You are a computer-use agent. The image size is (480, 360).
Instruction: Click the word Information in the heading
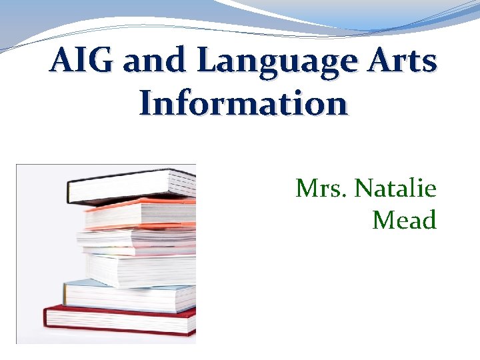pyautogui.click(x=243, y=104)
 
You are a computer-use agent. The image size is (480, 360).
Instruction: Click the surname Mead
pyautogui.click(x=404, y=219)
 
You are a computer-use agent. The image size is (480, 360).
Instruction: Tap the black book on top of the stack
pyautogui.click(x=133, y=186)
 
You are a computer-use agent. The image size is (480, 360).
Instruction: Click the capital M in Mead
pyautogui.click(x=383, y=219)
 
